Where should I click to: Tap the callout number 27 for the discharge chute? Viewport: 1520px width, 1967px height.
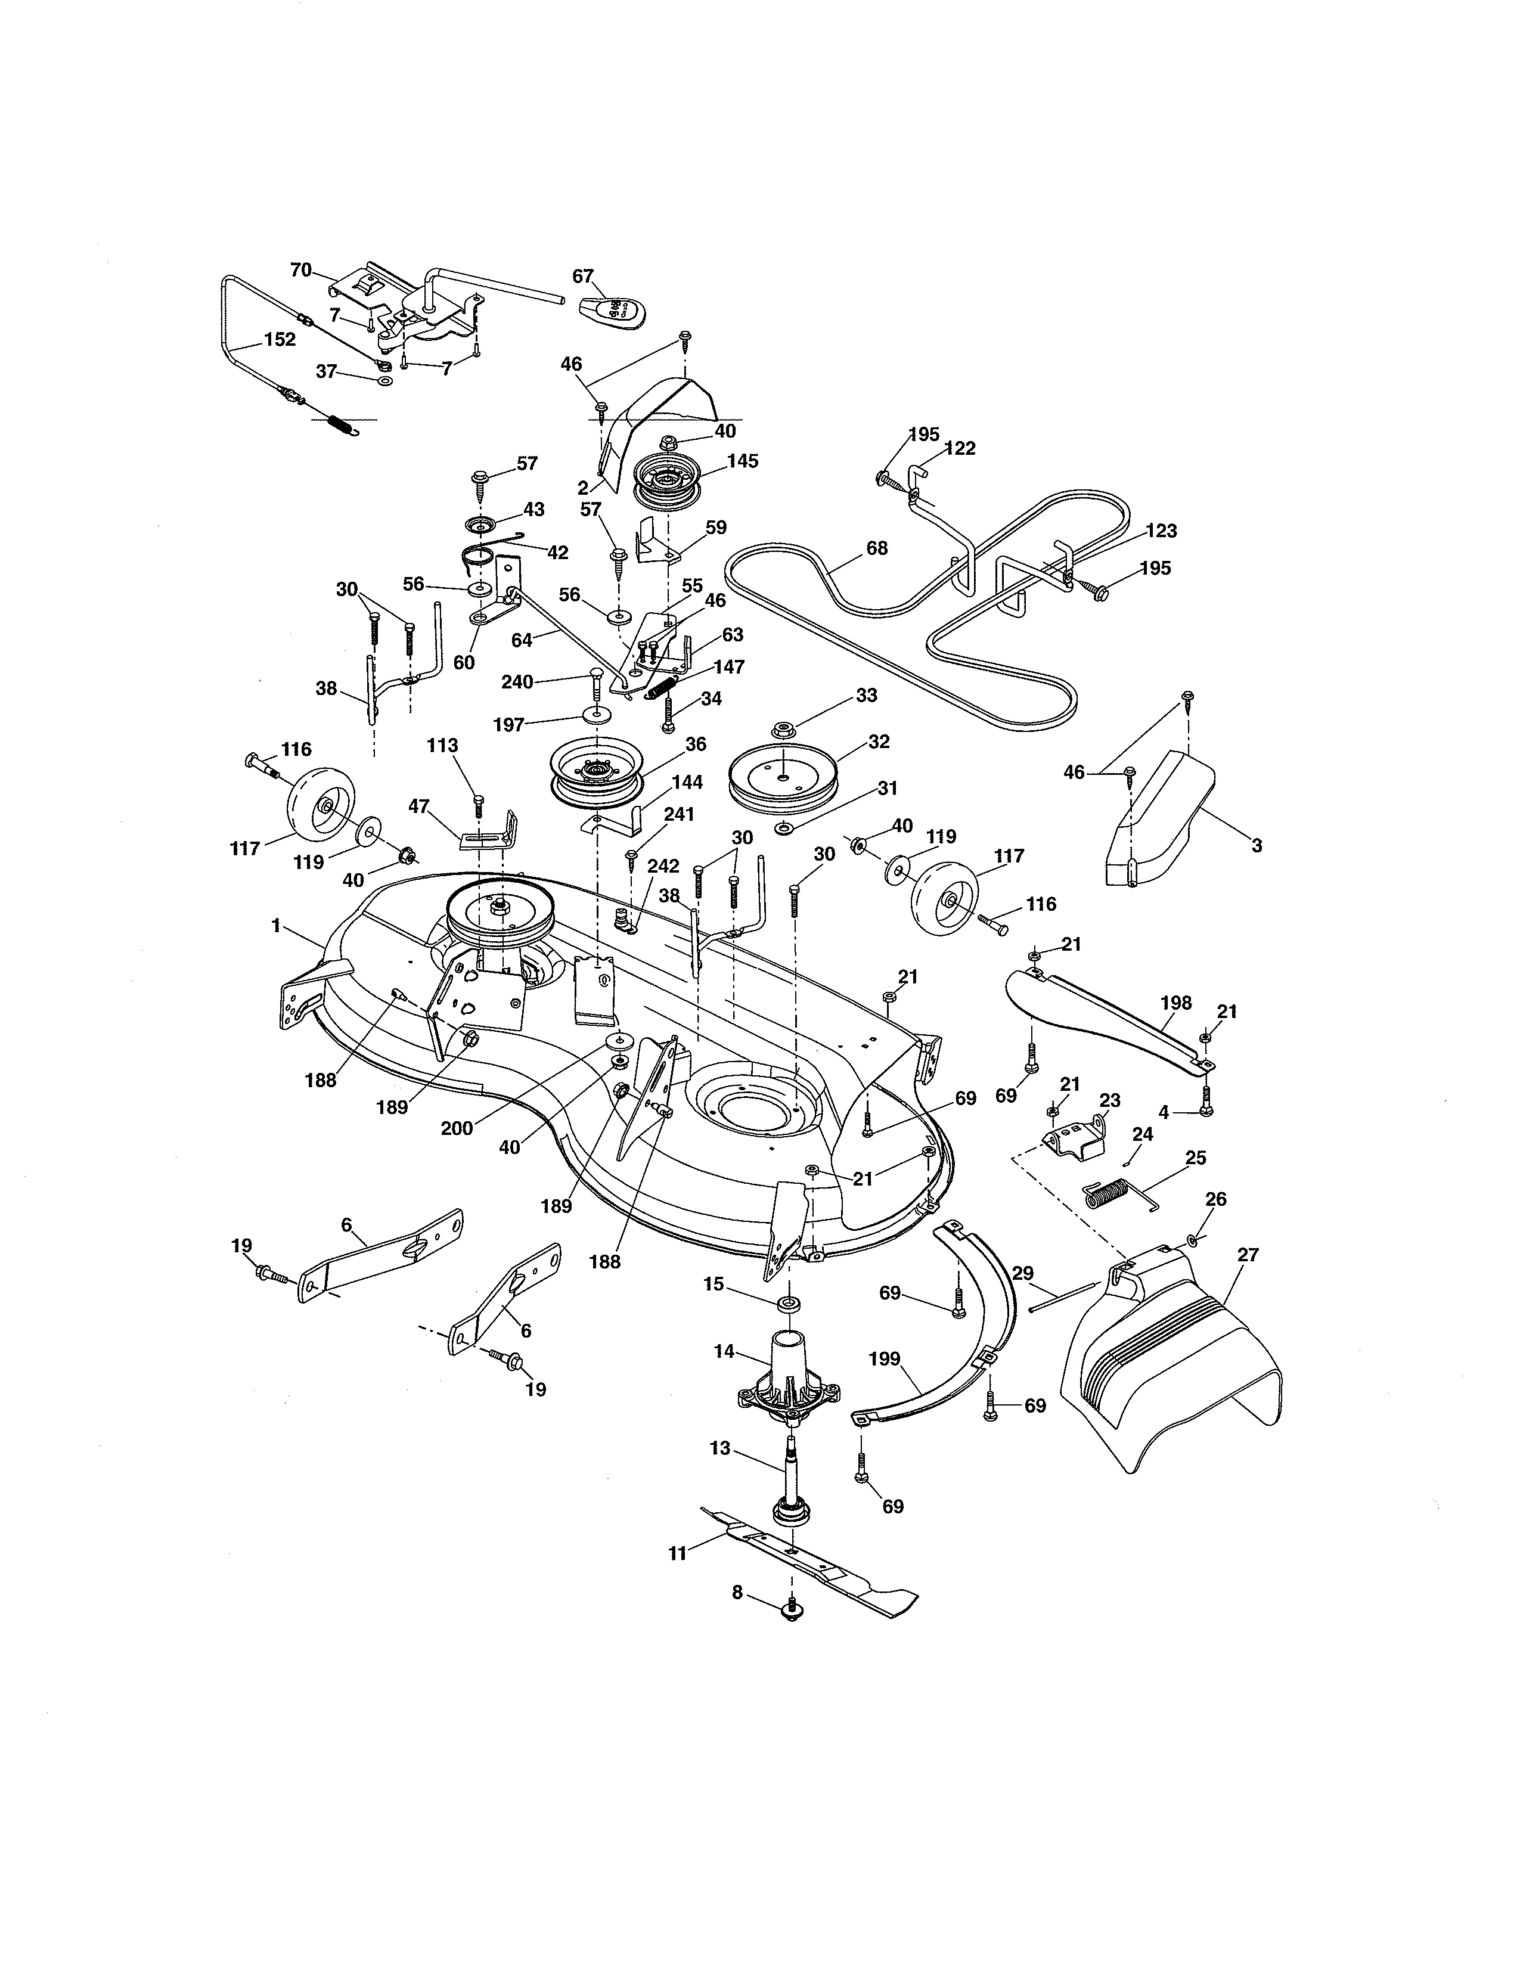tap(1248, 1255)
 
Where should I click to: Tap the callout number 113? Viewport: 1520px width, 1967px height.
tap(442, 746)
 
